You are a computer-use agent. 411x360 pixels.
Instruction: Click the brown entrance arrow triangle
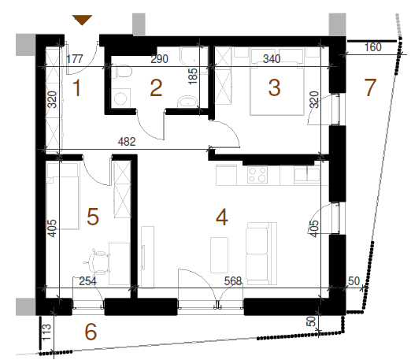point(83,20)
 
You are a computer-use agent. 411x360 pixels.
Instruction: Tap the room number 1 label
point(76,88)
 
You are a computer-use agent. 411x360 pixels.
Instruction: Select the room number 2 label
point(156,88)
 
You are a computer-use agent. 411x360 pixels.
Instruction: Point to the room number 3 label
point(274,87)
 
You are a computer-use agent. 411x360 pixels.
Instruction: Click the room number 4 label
point(222,217)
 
